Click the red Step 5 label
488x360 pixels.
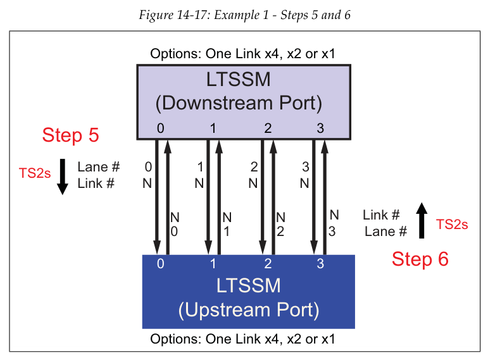coord(70,135)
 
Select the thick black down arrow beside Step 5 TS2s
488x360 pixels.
coord(62,177)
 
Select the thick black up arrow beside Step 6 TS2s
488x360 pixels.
coord(422,221)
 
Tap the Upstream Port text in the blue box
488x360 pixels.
coord(248,310)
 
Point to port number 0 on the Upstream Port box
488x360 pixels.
coord(160,264)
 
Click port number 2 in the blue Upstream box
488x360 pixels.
coord(268,264)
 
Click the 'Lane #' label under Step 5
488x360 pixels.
coord(99,168)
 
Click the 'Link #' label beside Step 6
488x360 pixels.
coord(381,215)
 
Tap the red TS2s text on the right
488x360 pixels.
coord(452,223)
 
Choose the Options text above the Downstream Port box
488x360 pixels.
coord(242,53)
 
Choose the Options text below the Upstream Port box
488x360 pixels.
coord(242,339)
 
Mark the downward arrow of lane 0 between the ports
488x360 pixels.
coord(157,196)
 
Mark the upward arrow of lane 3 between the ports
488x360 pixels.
coord(325,196)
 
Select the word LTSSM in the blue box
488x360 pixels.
coord(248,285)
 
